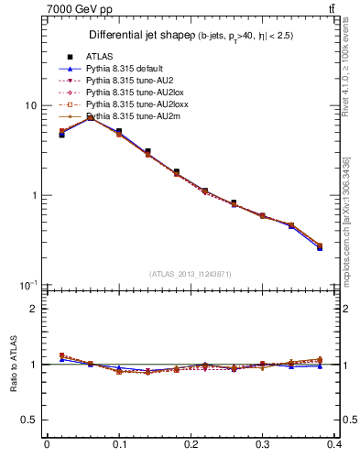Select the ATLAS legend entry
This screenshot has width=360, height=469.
[99, 57]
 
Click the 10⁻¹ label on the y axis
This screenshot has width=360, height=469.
[27, 285]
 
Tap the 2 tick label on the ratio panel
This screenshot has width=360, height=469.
[34, 310]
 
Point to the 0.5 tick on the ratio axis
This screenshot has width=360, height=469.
[29, 420]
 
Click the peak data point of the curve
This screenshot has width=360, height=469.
[90, 117]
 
